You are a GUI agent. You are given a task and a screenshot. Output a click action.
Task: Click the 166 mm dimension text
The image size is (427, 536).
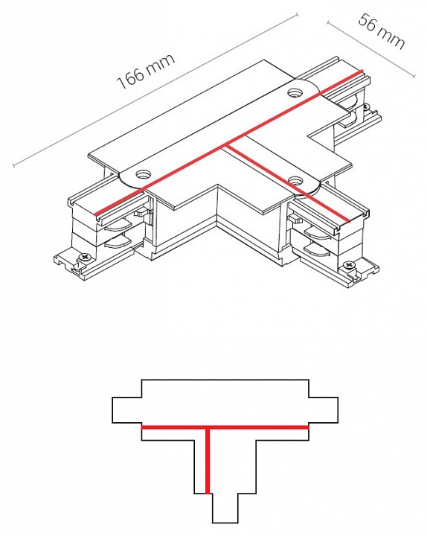point(146,71)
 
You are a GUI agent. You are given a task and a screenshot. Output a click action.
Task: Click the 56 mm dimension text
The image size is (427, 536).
point(382,31)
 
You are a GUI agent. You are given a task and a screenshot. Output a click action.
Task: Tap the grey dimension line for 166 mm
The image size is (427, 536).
point(155,90)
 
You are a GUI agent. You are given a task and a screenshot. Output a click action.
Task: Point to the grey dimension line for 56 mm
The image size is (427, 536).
point(371,49)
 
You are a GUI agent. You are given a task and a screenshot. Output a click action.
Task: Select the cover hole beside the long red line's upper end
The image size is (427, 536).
point(294,92)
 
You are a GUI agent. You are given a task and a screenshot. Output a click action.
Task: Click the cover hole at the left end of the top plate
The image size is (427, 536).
point(142,175)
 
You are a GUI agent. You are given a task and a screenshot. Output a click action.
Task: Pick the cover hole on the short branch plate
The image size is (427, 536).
point(295,180)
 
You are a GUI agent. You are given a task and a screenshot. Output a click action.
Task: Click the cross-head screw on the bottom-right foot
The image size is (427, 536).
point(349,265)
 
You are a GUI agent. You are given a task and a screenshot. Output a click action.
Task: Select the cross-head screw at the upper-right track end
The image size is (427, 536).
point(367,107)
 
